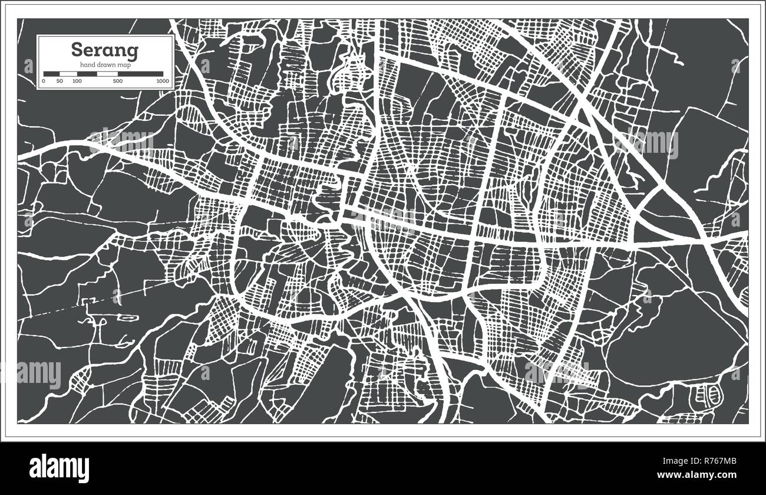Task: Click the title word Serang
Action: point(105,50)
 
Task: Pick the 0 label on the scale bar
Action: point(44,81)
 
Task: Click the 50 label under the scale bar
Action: point(60,81)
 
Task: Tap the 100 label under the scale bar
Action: point(77,81)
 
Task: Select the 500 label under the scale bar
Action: point(118,81)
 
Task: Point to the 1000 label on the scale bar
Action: point(163,81)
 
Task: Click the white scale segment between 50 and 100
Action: point(68,74)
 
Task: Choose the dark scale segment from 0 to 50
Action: point(51,74)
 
